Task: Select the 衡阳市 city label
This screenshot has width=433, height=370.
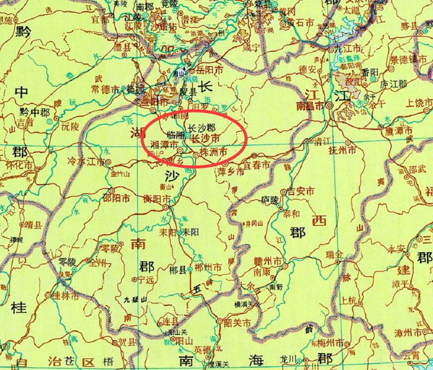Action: [x=157, y=198]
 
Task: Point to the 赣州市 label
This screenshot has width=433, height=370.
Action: [x=267, y=261]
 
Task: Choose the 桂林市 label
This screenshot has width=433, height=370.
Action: [x=66, y=296]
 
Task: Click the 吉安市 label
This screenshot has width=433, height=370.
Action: [x=301, y=191]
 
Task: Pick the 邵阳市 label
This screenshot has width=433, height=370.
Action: [x=116, y=198]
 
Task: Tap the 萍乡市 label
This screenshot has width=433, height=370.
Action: [x=230, y=172]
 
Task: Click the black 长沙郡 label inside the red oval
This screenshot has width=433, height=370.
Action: [x=202, y=127]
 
